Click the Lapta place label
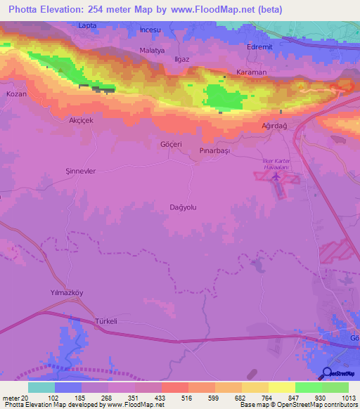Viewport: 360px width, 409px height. [87, 25]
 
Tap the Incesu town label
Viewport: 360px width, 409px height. [150, 30]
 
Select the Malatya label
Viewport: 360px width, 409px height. [152, 51]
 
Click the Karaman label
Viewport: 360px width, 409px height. [251, 72]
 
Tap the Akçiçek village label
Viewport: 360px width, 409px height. [81, 120]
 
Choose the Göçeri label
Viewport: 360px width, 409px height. [171, 144]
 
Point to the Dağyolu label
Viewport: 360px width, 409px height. [184, 207]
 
